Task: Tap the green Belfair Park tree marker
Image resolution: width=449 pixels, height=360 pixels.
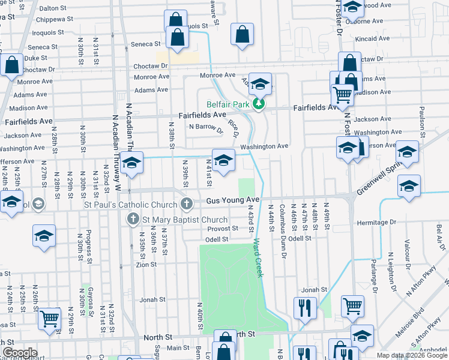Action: pyautogui.click(x=259, y=104)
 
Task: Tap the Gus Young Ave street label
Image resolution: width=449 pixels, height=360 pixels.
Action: pyautogui.click(x=232, y=199)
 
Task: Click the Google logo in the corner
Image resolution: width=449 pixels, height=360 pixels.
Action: pyautogui.click(x=20, y=353)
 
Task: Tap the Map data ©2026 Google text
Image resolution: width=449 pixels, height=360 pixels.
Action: pyautogui.click(x=411, y=355)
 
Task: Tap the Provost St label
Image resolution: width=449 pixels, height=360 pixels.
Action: pyautogui.click(x=223, y=229)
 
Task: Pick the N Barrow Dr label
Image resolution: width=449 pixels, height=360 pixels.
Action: pyautogui.click(x=206, y=127)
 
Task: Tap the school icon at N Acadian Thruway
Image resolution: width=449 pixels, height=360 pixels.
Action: pyautogui.click(x=131, y=163)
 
